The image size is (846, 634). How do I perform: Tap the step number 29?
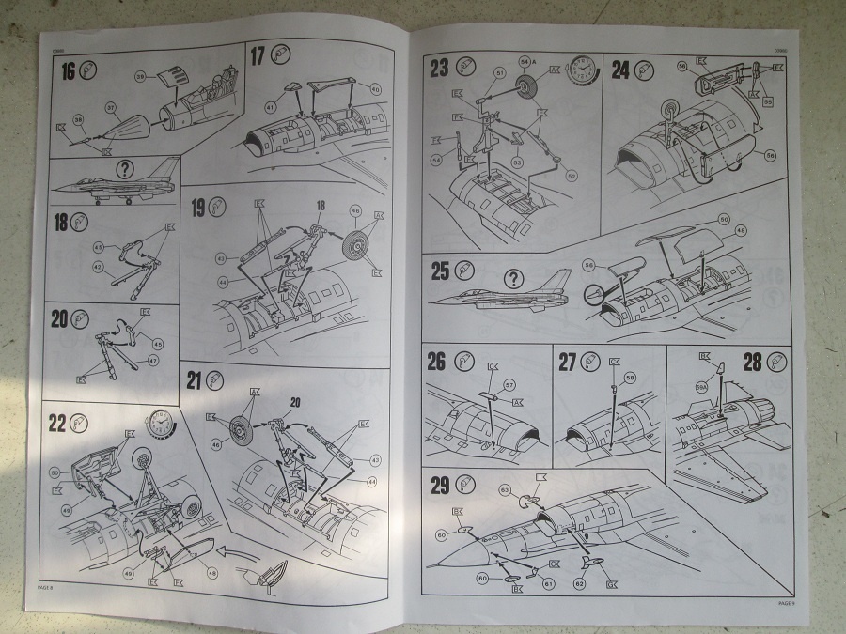pos(438,485)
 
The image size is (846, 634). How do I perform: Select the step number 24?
pos(620,69)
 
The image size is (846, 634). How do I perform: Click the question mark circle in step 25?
pos(514,279)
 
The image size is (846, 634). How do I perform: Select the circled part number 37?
pos(110,108)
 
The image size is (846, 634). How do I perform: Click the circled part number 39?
pos(140,75)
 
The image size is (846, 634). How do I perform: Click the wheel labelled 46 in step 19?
pos(355,247)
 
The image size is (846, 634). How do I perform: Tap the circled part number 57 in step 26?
pos(509,384)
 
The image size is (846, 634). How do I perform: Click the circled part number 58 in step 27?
pos(630,378)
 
